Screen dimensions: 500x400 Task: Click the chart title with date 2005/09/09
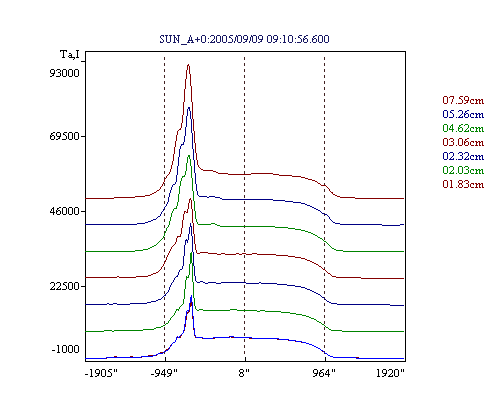[x=244, y=39]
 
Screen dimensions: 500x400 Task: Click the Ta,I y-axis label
[x=70, y=54]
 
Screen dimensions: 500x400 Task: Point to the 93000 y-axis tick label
[x=64, y=73]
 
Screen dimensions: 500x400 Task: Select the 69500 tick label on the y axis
[x=64, y=136]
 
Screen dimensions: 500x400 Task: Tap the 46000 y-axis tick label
[x=64, y=211]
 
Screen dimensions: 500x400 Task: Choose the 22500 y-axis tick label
[x=64, y=286]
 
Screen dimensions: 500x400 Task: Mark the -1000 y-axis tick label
[x=65, y=349]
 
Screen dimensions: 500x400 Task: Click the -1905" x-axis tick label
[x=101, y=373]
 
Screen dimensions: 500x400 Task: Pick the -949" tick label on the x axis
[x=164, y=373]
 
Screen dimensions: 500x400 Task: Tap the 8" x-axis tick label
[x=244, y=373]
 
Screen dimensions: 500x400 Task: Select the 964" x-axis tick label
[x=324, y=373]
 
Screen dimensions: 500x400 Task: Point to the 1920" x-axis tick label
[x=390, y=373]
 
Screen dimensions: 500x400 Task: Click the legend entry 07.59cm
[x=463, y=100]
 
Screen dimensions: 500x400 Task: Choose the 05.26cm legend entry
[x=463, y=114]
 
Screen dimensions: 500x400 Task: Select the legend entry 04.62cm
[x=463, y=128]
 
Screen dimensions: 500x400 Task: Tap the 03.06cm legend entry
[x=463, y=142]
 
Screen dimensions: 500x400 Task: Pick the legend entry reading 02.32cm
[x=463, y=156]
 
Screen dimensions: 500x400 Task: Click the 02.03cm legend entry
[x=463, y=170]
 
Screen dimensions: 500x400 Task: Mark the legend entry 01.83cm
[x=463, y=184]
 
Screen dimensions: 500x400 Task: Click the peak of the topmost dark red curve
[x=188, y=65]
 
